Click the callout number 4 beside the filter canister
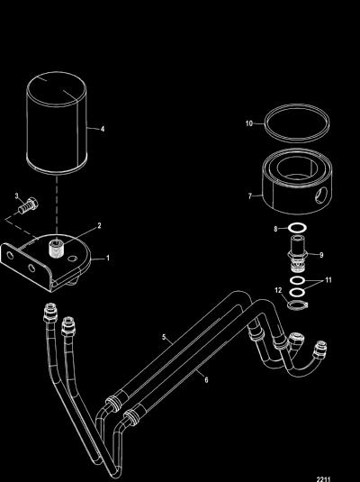pos(103,129)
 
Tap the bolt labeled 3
pos(28,206)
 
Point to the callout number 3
pos(17,196)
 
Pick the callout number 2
pos(99,225)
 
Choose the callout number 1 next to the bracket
pos(108,258)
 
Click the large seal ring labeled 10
pos(297,123)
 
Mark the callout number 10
pos(249,123)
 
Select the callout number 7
pos(250,196)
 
